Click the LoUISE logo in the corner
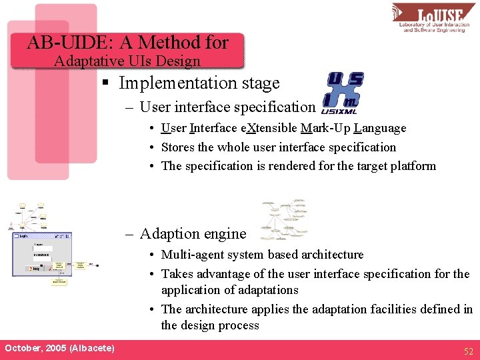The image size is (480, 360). [434, 18]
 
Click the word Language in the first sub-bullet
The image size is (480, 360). [380, 128]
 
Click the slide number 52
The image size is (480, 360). [468, 351]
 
